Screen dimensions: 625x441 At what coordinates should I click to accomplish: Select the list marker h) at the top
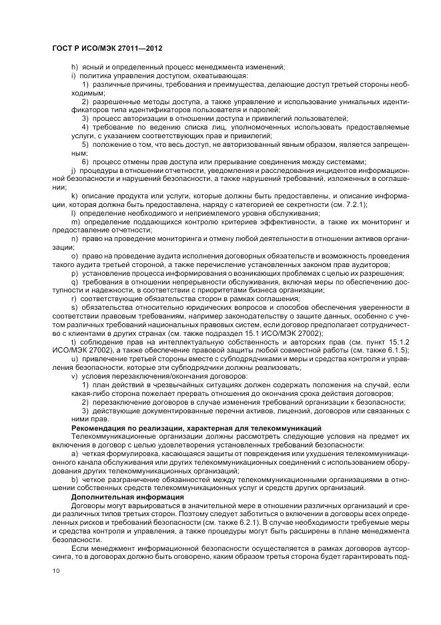(74, 67)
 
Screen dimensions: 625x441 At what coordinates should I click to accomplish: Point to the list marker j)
(74, 171)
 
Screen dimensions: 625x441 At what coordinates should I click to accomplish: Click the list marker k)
(74, 197)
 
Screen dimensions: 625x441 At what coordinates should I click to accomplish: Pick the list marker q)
(74, 282)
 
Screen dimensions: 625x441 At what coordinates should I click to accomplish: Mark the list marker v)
(74, 377)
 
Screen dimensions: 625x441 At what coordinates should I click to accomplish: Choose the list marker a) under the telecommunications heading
(74, 453)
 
